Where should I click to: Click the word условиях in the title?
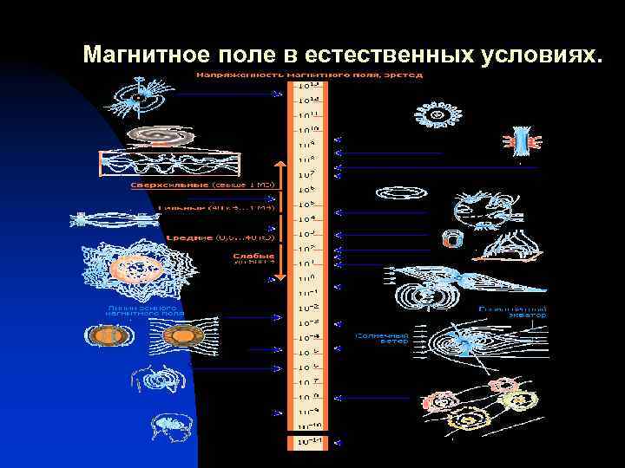tap(536, 55)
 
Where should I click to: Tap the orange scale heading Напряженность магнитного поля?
tap(309, 75)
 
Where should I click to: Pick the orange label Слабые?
tap(253, 256)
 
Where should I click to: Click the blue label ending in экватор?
tap(513, 312)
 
